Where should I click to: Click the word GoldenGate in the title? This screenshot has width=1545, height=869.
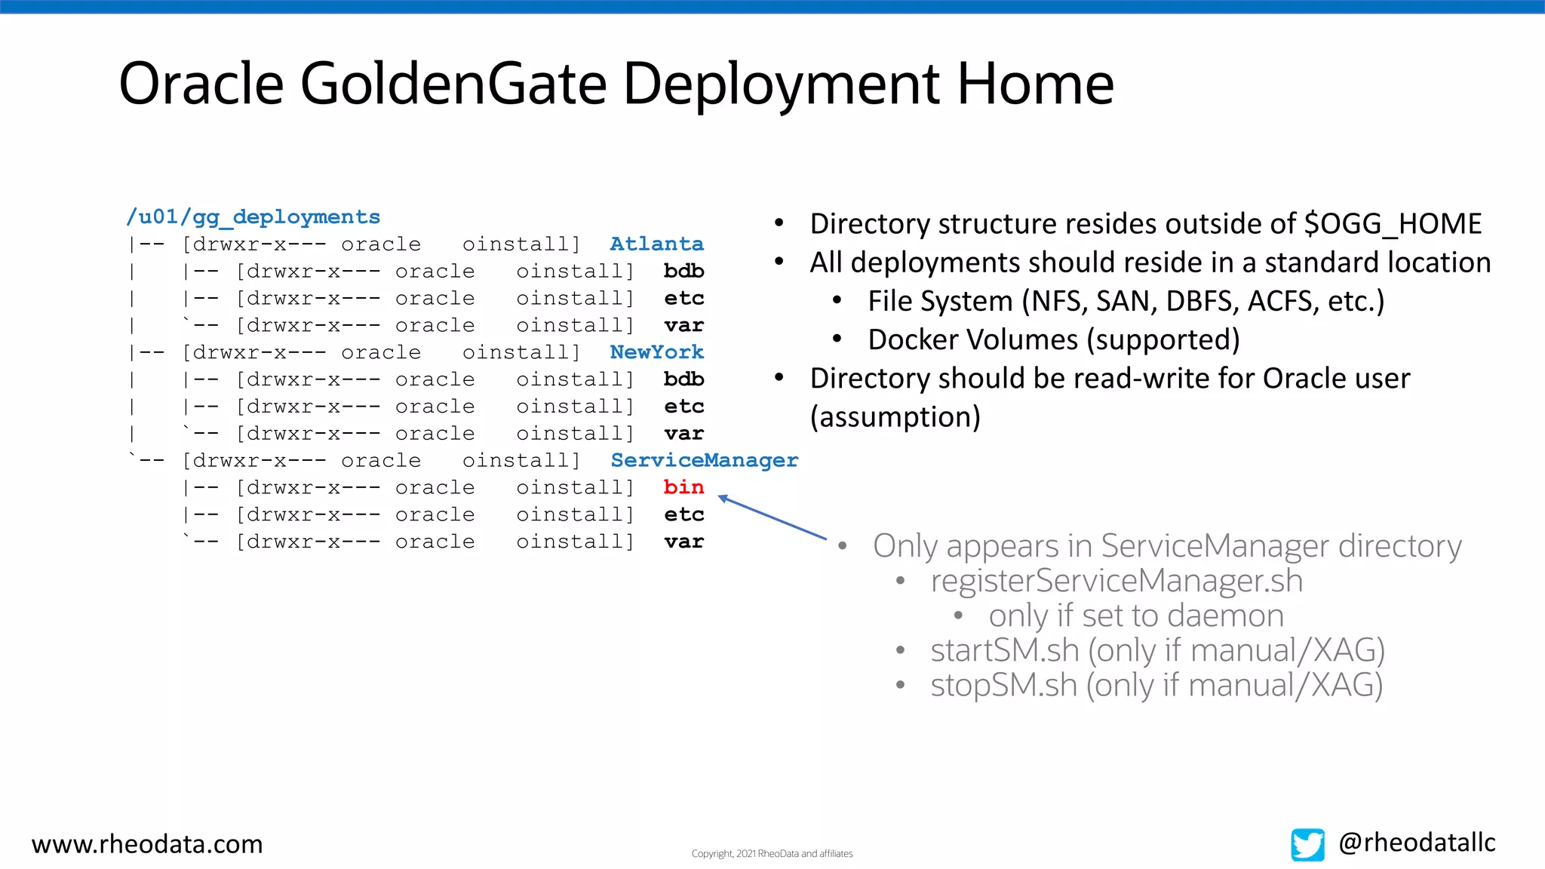(453, 84)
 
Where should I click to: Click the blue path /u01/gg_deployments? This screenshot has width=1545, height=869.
(253, 217)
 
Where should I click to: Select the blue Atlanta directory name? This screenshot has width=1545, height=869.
(656, 244)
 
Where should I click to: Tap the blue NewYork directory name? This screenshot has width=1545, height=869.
(656, 352)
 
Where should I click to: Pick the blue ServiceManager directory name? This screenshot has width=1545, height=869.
(704, 460)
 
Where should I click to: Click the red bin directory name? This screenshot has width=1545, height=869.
(683, 487)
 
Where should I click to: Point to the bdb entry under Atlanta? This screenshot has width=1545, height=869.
(683, 272)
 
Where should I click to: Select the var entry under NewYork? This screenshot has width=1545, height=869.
(683, 434)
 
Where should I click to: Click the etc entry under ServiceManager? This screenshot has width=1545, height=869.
(683, 514)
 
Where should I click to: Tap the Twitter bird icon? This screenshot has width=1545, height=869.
(1307, 844)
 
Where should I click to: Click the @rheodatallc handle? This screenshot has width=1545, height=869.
(1417, 843)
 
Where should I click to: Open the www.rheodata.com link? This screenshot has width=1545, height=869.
(147, 844)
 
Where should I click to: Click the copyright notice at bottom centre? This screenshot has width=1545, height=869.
(772, 854)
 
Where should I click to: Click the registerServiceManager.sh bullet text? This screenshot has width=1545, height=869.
(1117, 581)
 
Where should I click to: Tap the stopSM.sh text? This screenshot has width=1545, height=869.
(1003, 685)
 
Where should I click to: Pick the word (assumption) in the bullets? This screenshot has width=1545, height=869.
(895, 417)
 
